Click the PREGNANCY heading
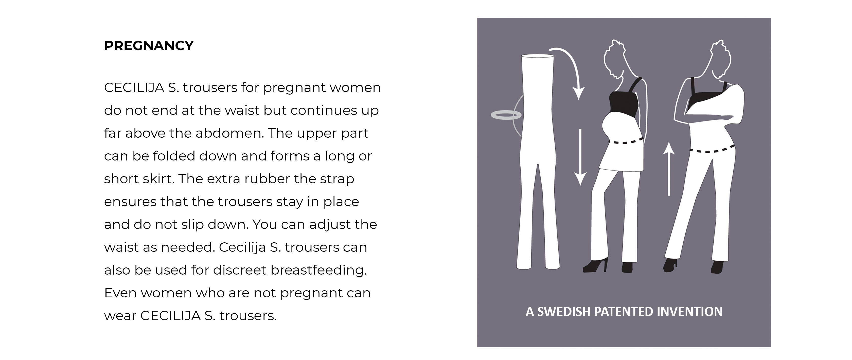[149, 46]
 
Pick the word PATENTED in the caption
[622, 312]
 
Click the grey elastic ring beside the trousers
[506, 115]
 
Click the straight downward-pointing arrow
[580, 157]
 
